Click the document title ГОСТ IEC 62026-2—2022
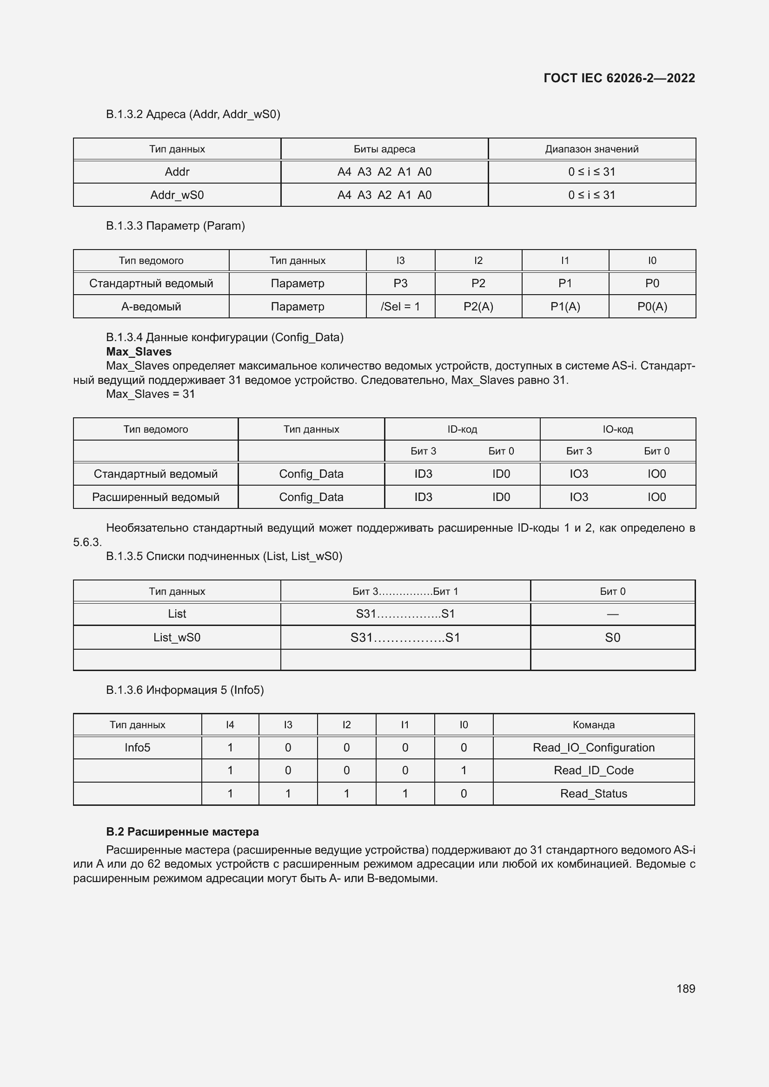[619, 78]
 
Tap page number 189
[685, 988]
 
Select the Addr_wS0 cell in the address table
[177, 195]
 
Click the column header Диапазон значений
[591, 149]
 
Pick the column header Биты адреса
[384, 149]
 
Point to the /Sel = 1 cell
[400, 306]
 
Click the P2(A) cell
[478, 306]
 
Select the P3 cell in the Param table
[400, 283]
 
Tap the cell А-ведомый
[151, 306]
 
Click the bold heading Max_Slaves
[139, 352]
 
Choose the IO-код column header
[617, 429]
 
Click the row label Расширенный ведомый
[155, 497]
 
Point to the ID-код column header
[462, 429]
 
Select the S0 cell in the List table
[612, 637]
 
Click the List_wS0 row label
[177, 637]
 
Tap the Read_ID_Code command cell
[593, 770]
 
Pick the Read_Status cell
[593, 793]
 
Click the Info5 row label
[137, 748]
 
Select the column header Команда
[593, 725]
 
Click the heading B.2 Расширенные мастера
[182, 832]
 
